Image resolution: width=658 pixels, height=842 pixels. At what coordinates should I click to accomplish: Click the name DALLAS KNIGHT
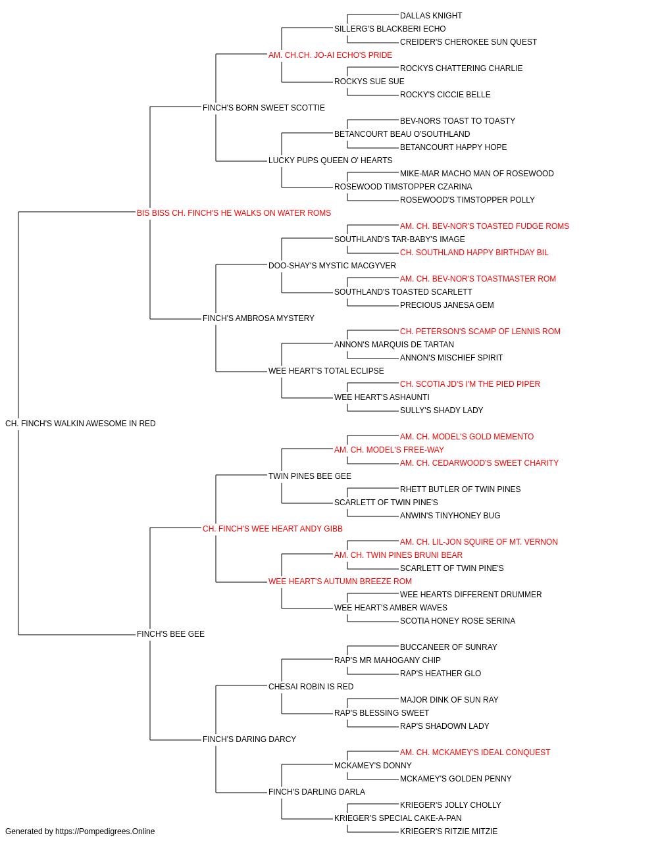coord(430,16)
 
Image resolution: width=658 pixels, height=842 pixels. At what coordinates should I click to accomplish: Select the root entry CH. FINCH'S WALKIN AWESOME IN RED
coord(80,424)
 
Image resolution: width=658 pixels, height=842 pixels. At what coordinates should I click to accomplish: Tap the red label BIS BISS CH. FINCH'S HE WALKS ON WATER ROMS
coord(234,213)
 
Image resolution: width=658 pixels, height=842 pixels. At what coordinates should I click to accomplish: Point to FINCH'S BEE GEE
coord(170,634)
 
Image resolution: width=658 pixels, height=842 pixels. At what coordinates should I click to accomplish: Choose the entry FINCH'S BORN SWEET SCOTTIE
coord(263,108)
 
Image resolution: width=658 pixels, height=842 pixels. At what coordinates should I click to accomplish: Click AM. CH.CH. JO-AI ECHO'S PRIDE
coord(330,55)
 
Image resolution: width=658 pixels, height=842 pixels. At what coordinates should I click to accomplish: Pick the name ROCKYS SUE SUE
coord(369,82)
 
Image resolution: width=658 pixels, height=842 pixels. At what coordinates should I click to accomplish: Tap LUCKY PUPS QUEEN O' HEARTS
coord(330,161)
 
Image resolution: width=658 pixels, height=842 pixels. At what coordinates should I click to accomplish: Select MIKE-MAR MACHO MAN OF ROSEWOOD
coord(476,174)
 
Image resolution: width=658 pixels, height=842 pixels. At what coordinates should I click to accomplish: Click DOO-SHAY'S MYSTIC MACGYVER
coord(332,266)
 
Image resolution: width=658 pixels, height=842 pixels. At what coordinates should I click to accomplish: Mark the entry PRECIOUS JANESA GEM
coord(447,305)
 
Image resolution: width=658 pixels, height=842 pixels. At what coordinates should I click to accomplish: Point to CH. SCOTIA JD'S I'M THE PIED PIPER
coord(470,384)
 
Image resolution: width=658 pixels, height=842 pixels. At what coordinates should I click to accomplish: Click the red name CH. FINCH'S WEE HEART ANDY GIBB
coord(272,529)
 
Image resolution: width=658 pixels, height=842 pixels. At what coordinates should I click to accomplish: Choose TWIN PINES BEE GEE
coord(310,476)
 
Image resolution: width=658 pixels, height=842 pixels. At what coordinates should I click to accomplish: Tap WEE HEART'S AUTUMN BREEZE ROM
coord(340,582)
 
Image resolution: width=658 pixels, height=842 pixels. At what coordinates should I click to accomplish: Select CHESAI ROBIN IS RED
coord(311,687)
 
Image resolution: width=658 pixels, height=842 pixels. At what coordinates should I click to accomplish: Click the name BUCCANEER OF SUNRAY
coord(448,647)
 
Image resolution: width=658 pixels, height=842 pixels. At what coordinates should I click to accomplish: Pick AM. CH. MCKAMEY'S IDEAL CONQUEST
coord(474,753)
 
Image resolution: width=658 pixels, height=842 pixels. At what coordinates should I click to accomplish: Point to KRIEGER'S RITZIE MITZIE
coord(448,831)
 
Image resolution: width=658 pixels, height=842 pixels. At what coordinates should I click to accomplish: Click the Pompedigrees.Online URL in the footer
coord(105,831)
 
